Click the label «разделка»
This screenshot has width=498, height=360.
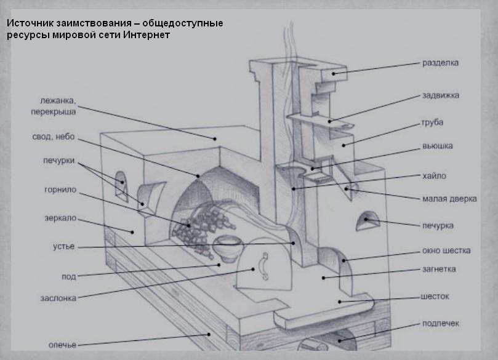pyautogui.click(x=440, y=63)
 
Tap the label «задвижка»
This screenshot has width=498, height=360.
pyautogui.click(x=441, y=95)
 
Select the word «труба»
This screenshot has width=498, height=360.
pyautogui.click(x=432, y=122)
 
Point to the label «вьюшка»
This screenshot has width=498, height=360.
pyautogui.click(x=437, y=146)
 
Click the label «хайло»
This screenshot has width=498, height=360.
pyautogui.click(x=434, y=176)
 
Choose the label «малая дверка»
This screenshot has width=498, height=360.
pyautogui.click(x=449, y=199)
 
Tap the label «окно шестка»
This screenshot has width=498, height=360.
pyautogui.click(x=446, y=250)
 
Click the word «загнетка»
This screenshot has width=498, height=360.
pyautogui.click(x=439, y=269)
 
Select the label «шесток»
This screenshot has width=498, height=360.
pyautogui.click(x=435, y=297)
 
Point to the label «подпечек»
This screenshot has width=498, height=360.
pyautogui.click(x=441, y=324)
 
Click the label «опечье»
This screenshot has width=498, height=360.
pyautogui.click(x=62, y=345)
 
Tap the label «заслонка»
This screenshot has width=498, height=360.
pyautogui.click(x=58, y=298)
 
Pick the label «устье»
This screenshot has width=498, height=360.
pyautogui.click(x=63, y=247)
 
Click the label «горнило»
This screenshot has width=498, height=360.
pyautogui.click(x=60, y=190)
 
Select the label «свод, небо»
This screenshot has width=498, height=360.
pyautogui.click(x=54, y=137)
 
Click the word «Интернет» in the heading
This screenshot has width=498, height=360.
pyautogui.click(x=147, y=34)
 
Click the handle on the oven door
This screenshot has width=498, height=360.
pyautogui.click(x=264, y=266)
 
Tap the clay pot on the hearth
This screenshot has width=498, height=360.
pyautogui.click(x=228, y=248)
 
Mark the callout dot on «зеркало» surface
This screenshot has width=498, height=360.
pyautogui.click(x=132, y=232)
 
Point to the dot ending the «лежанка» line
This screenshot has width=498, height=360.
pyautogui.click(x=215, y=138)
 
